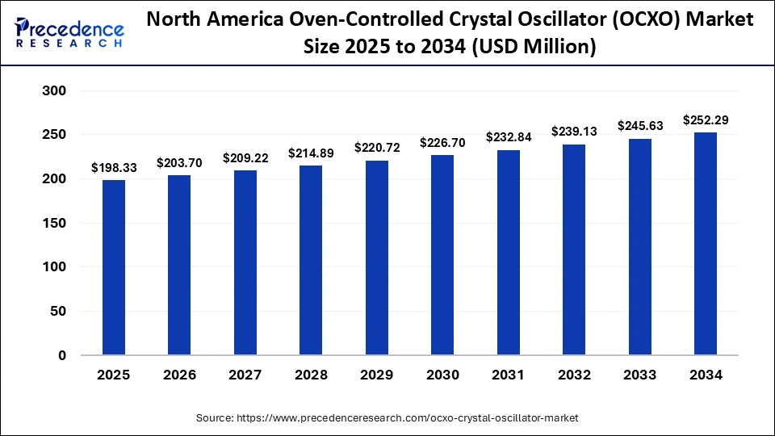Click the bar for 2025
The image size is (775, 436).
point(114,267)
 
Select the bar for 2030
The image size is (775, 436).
point(442,255)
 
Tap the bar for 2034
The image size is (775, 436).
point(706,244)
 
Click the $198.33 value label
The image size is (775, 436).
point(114,167)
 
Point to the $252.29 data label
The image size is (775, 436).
point(706,120)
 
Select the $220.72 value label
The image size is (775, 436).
point(377,148)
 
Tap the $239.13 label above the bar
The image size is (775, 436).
point(574,132)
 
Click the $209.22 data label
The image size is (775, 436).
point(245,157)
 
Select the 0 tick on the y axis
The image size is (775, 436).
point(61,355)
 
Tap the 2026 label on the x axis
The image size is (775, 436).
point(180,375)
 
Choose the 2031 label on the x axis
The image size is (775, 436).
point(509,375)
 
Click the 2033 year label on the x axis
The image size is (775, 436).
point(640,375)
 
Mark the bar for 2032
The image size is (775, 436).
point(574,249)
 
